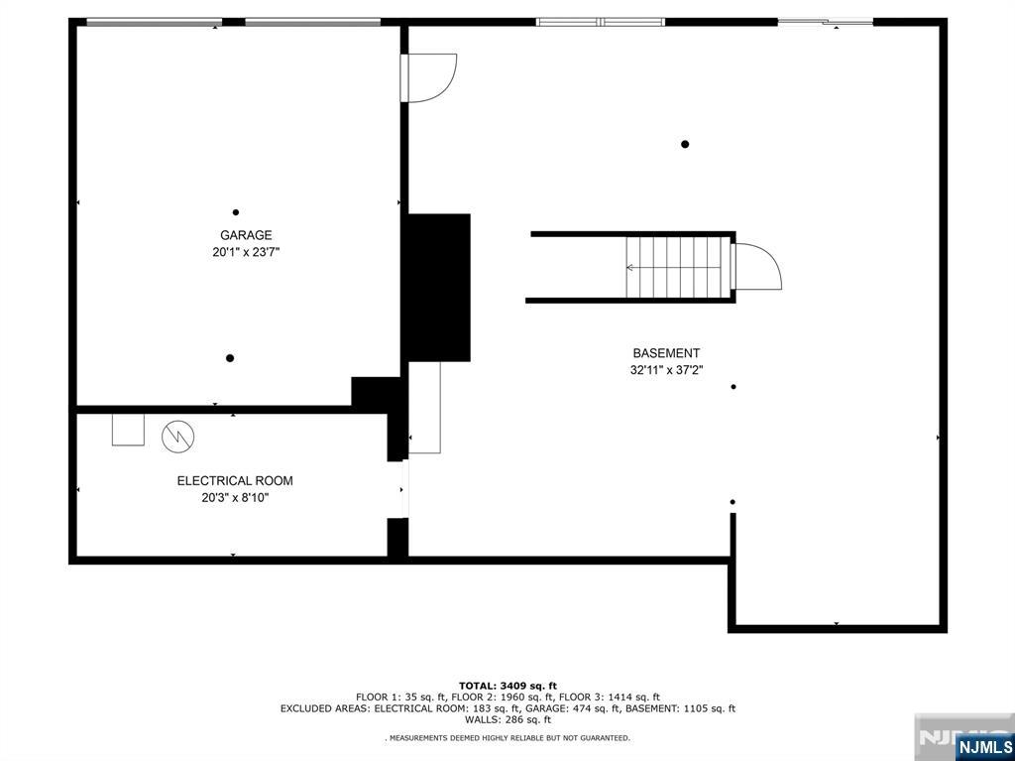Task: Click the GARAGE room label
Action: pyautogui.click(x=246, y=235)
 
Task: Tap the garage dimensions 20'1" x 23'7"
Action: pyautogui.click(x=246, y=252)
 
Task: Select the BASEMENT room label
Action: pyautogui.click(x=666, y=353)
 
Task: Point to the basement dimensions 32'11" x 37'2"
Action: pyautogui.click(x=666, y=371)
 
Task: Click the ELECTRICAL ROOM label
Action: pyautogui.click(x=235, y=481)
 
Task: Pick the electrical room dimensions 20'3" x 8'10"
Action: pyautogui.click(x=235, y=498)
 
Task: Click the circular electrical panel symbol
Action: pyautogui.click(x=178, y=437)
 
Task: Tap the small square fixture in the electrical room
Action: pyautogui.click(x=128, y=430)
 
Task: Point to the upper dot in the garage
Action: pyautogui.click(x=236, y=212)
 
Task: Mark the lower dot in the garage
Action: pyautogui.click(x=230, y=358)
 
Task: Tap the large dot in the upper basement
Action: pyautogui.click(x=685, y=144)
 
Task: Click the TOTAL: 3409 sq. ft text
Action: pyautogui.click(x=507, y=686)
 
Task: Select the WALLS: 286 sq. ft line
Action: pyautogui.click(x=507, y=719)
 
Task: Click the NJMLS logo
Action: pyautogui.click(x=983, y=745)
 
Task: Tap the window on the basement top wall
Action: pyautogui.click(x=601, y=22)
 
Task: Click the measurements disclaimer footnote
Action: pyautogui.click(x=507, y=737)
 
